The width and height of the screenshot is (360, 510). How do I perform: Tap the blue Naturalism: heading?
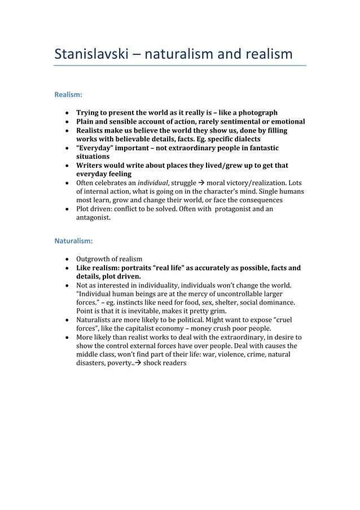click(73, 241)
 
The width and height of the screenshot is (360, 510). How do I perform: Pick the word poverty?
click(116, 364)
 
